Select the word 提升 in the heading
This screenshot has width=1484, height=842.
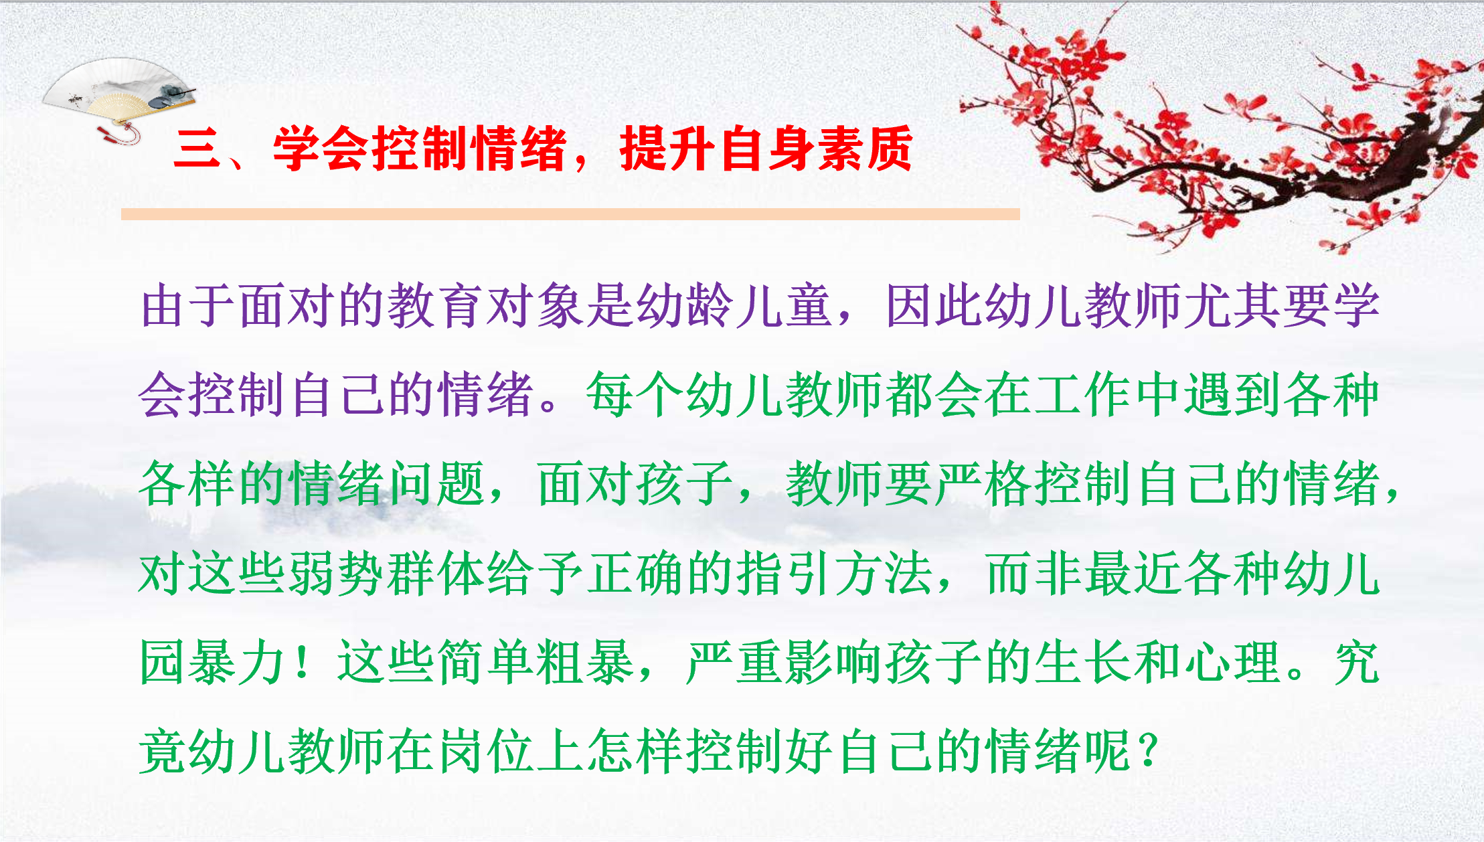click(x=669, y=149)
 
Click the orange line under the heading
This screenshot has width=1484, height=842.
click(x=570, y=214)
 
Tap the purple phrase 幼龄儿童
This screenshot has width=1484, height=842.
click(x=734, y=305)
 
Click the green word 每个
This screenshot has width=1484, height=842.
click(x=635, y=395)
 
